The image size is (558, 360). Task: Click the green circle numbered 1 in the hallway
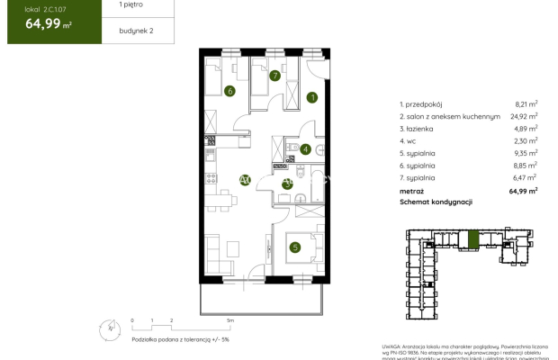(x=312, y=97)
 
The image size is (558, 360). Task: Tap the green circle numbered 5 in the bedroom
(x=294, y=247)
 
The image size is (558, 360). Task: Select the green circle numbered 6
(x=230, y=90)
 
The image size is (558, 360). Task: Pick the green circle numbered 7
(x=274, y=76)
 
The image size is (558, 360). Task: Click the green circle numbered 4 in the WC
(x=305, y=149)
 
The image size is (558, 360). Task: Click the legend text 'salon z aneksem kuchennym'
(x=454, y=116)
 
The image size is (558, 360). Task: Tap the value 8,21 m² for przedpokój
(x=526, y=104)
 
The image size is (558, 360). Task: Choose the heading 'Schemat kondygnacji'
(x=436, y=202)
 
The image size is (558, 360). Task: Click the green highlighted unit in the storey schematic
(x=473, y=239)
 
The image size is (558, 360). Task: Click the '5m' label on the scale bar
(x=230, y=319)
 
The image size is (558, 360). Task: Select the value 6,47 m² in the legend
(x=526, y=178)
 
